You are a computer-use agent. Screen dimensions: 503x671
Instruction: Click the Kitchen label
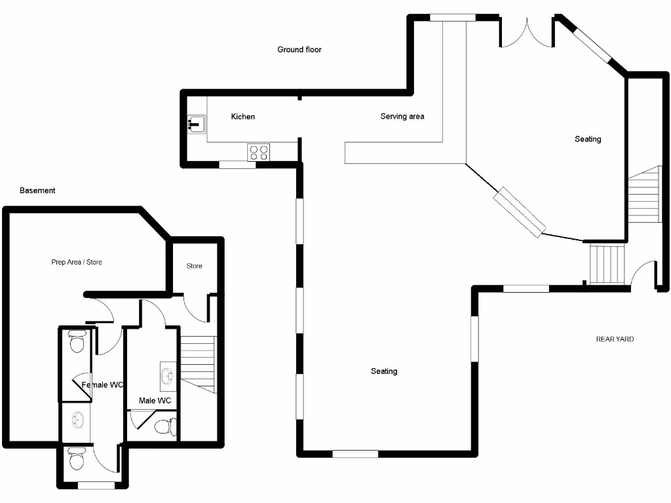coord(243,117)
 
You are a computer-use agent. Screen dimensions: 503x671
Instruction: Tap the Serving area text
coord(402,117)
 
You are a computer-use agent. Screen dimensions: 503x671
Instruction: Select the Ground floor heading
coord(299,50)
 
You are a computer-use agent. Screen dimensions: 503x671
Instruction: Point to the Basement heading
coord(37,191)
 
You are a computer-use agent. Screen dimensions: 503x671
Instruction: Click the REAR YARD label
coord(615,339)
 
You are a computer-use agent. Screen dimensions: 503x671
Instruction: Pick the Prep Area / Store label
coord(77,262)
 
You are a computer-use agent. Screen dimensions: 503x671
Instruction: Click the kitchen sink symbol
coord(196,123)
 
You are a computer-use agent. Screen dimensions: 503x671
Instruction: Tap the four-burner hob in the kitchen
coord(259,153)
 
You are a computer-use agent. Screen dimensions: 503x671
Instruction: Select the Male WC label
coord(155,400)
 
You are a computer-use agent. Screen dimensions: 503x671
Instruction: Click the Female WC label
coord(103,385)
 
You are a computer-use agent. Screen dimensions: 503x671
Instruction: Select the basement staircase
coord(198,363)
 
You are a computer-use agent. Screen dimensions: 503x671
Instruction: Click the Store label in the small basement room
coord(194,266)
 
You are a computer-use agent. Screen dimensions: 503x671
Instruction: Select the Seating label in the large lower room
coord(384,371)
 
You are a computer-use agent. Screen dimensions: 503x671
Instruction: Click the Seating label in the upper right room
coord(588,139)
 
